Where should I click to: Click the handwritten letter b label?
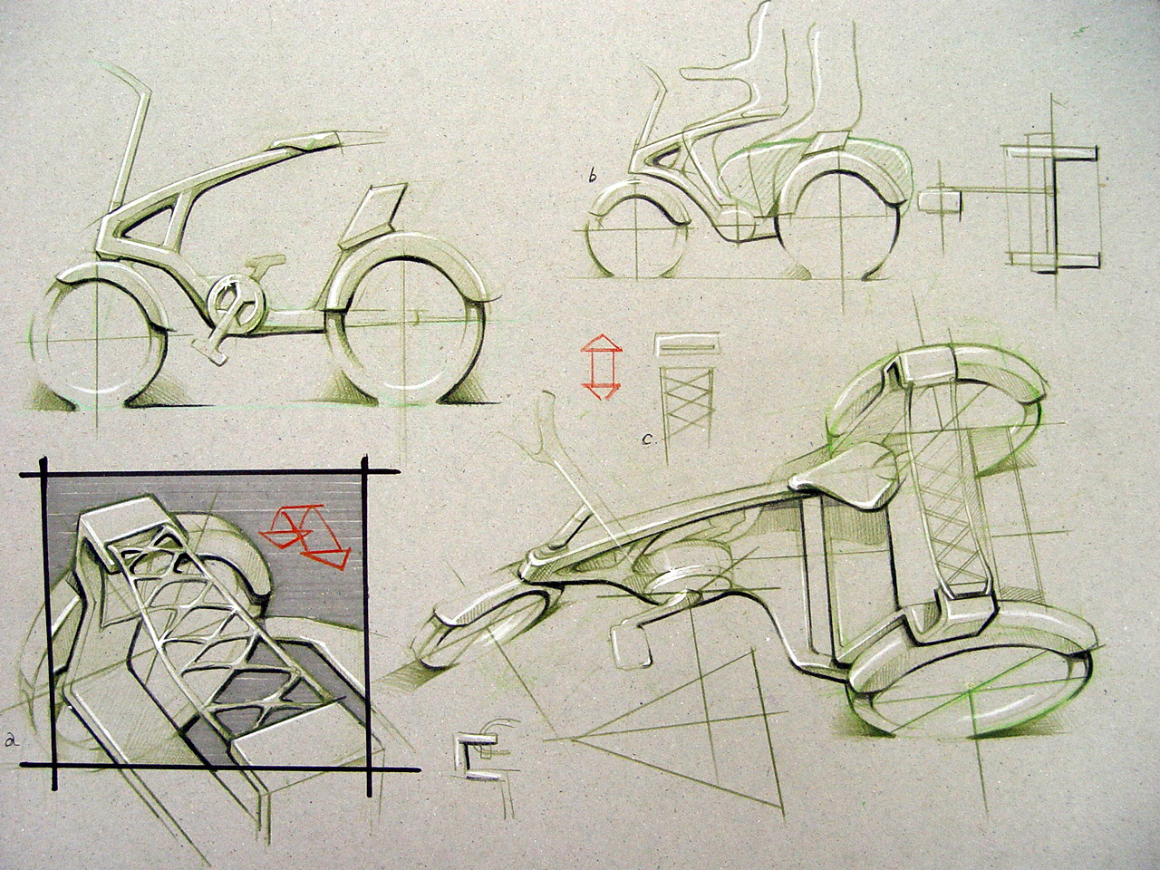593,177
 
